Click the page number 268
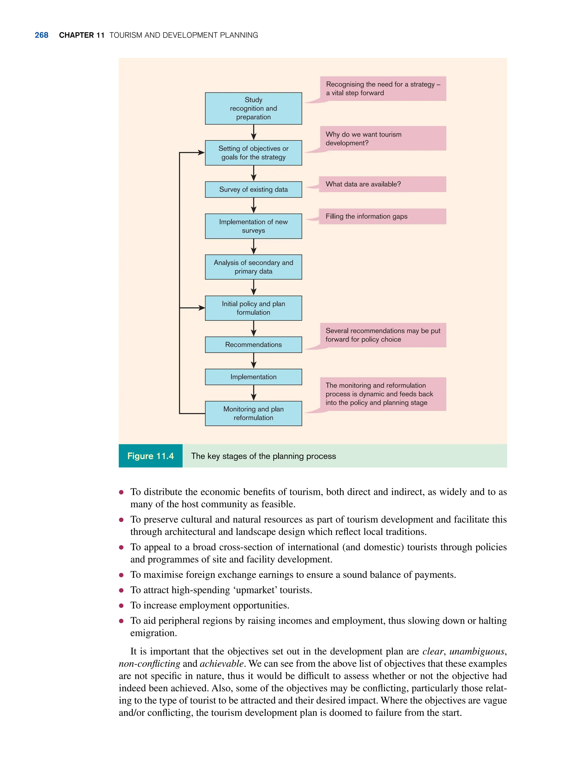pyautogui.click(x=41, y=35)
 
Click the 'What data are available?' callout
pyautogui.click(x=382, y=184)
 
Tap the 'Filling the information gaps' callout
pyautogui.click(x=382, y=217)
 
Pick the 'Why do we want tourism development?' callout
pyautogui.click(x=383, y=139)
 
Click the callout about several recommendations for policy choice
pyautogui.click(x=383, y=335)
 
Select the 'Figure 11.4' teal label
pyautogui.click(x=150, y=456)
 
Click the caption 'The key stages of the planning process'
pyautogui.click(x=263, y=456)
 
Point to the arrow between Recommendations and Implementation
pyautogui.click(x=254, y=361)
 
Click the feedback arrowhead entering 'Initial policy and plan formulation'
pyautogui.click(x=201, y=308)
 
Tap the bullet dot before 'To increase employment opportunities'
pyautogui.click(x=121, y=605)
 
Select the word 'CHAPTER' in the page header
pyautogui.click(x=76, y=35)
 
